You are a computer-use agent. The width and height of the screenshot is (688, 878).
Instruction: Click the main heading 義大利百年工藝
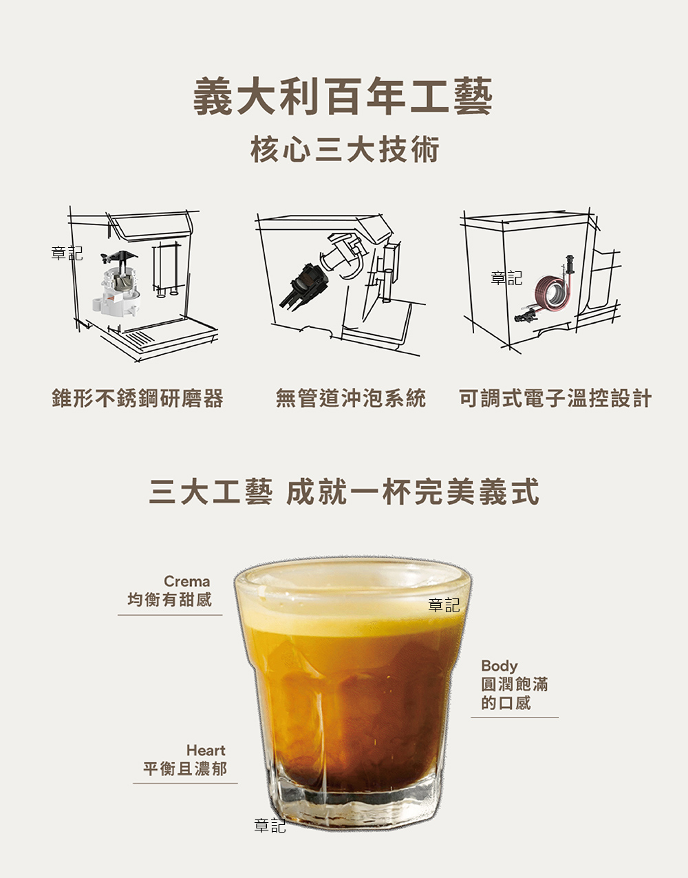pyautogui.click(x=343, y=96)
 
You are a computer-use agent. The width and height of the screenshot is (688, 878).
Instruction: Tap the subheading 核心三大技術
pyautogui.click(x=345, y=150)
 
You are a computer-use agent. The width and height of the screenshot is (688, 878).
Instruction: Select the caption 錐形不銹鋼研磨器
pyautogui.click(x=138, y=398)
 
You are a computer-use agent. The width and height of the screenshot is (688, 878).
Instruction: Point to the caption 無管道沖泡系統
pyautogui.click(x=351, y=398)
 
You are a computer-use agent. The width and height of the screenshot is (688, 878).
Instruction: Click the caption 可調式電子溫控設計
pyautogui.click(x=555, y=398)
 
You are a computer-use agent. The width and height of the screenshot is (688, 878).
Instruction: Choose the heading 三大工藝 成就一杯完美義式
pyautogui.click(x=344, y=491)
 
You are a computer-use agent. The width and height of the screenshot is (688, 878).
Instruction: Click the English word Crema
pyautogui.click(x=187, y=581)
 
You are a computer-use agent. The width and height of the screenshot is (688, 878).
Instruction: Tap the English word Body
pyautogui.click(x=499, y=666)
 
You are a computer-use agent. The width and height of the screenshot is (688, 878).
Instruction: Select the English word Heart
pyautogui.click(x=206, y=751)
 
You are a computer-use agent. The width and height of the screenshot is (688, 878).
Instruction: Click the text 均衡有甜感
pyautogui.click(x=169, y=599)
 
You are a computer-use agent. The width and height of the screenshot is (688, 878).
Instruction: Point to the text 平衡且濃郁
pyautogui.click(x=185, y=769)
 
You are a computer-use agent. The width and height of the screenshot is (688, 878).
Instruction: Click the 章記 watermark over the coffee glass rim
pyautogui.click(x=444, y=605)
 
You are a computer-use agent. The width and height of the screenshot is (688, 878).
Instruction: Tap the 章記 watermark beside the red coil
pyautogui.click(x=506, y=278)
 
